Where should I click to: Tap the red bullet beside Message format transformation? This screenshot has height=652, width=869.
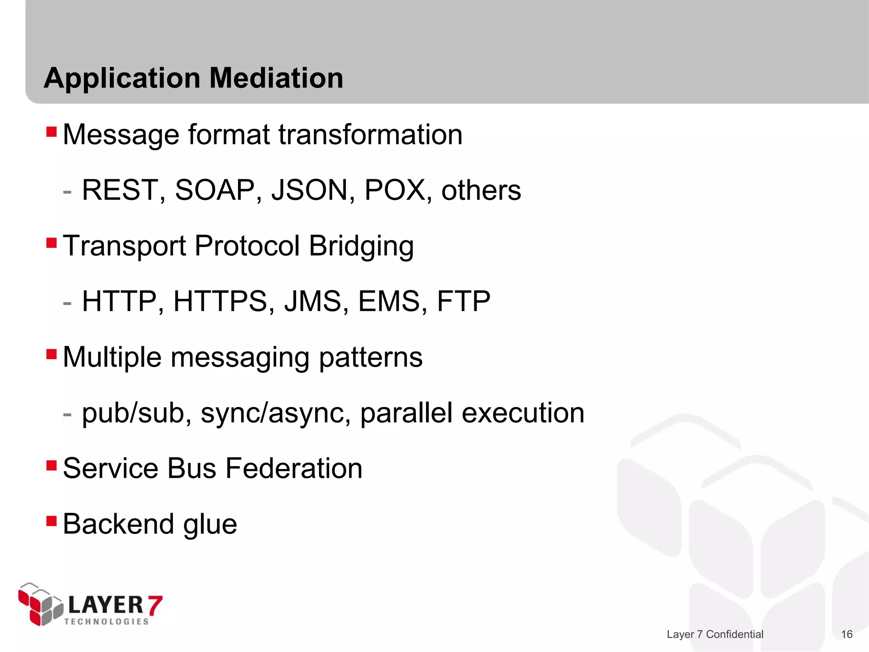point(51,132)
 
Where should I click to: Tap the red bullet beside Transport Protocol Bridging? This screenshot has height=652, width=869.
point(51,243)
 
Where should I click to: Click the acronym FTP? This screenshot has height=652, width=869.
point(463,301)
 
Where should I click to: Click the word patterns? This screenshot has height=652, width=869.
point(370,357)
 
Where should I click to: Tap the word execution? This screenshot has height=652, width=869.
point(523,413)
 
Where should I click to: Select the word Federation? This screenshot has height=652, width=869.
point(294,469)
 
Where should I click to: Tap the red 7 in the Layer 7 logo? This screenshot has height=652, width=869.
point(154,606)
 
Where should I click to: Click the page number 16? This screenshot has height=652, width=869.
point(847,634)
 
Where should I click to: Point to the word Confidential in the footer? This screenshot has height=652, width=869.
point(734,634)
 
